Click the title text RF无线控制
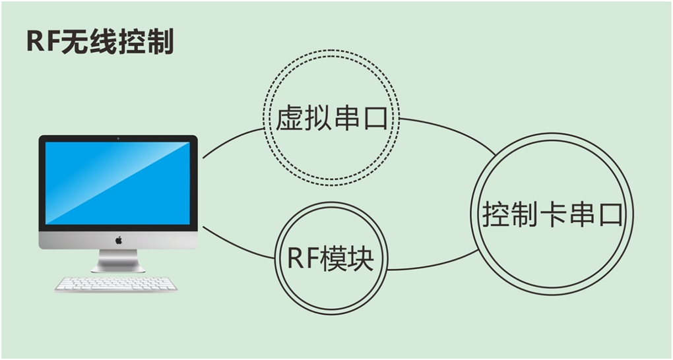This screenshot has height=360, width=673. click(x=100, y=43)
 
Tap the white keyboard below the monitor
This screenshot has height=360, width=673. click(x=116, y=284)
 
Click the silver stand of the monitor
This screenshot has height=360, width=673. click(x=118, y=260)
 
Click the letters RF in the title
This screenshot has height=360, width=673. click(x=42, y=43)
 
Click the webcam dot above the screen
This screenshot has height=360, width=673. click(x=118, y=138)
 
